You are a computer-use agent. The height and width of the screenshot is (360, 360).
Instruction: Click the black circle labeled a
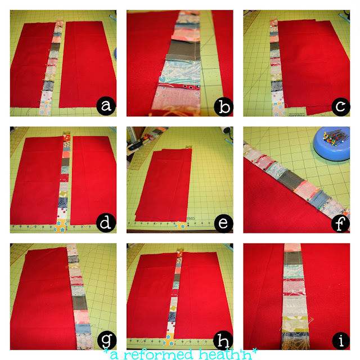pos(106,106)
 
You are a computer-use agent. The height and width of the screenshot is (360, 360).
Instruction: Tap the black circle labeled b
pos(223,107)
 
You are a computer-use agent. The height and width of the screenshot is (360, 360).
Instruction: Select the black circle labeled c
pos(341,106)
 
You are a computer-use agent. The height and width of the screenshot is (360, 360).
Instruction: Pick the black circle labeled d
pos(106,223)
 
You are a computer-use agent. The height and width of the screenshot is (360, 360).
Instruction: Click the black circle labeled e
pos(223,223)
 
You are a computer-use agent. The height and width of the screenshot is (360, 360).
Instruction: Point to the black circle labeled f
pos(340,224)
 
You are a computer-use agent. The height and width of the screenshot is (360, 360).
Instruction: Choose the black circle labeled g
pos(107,340)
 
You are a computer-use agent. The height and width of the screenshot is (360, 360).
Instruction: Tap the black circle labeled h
pos(223,340)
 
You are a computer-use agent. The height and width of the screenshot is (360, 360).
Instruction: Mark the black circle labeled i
pos(341,340)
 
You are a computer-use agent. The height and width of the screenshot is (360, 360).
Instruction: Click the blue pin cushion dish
pos(331,143)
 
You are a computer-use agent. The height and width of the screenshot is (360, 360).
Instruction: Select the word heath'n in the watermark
pos(227,354)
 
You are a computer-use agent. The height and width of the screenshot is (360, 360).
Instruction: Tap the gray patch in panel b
pos(184,50)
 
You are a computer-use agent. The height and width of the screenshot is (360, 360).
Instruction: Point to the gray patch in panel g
pos(80,303)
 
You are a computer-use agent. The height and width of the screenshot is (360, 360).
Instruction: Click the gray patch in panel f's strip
pos(290,180)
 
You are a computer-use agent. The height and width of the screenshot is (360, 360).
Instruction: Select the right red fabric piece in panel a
pos(88,65)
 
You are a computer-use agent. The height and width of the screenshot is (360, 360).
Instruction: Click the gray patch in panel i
pos(293,258)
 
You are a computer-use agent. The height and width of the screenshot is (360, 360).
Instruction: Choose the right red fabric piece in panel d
pos(94,181)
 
